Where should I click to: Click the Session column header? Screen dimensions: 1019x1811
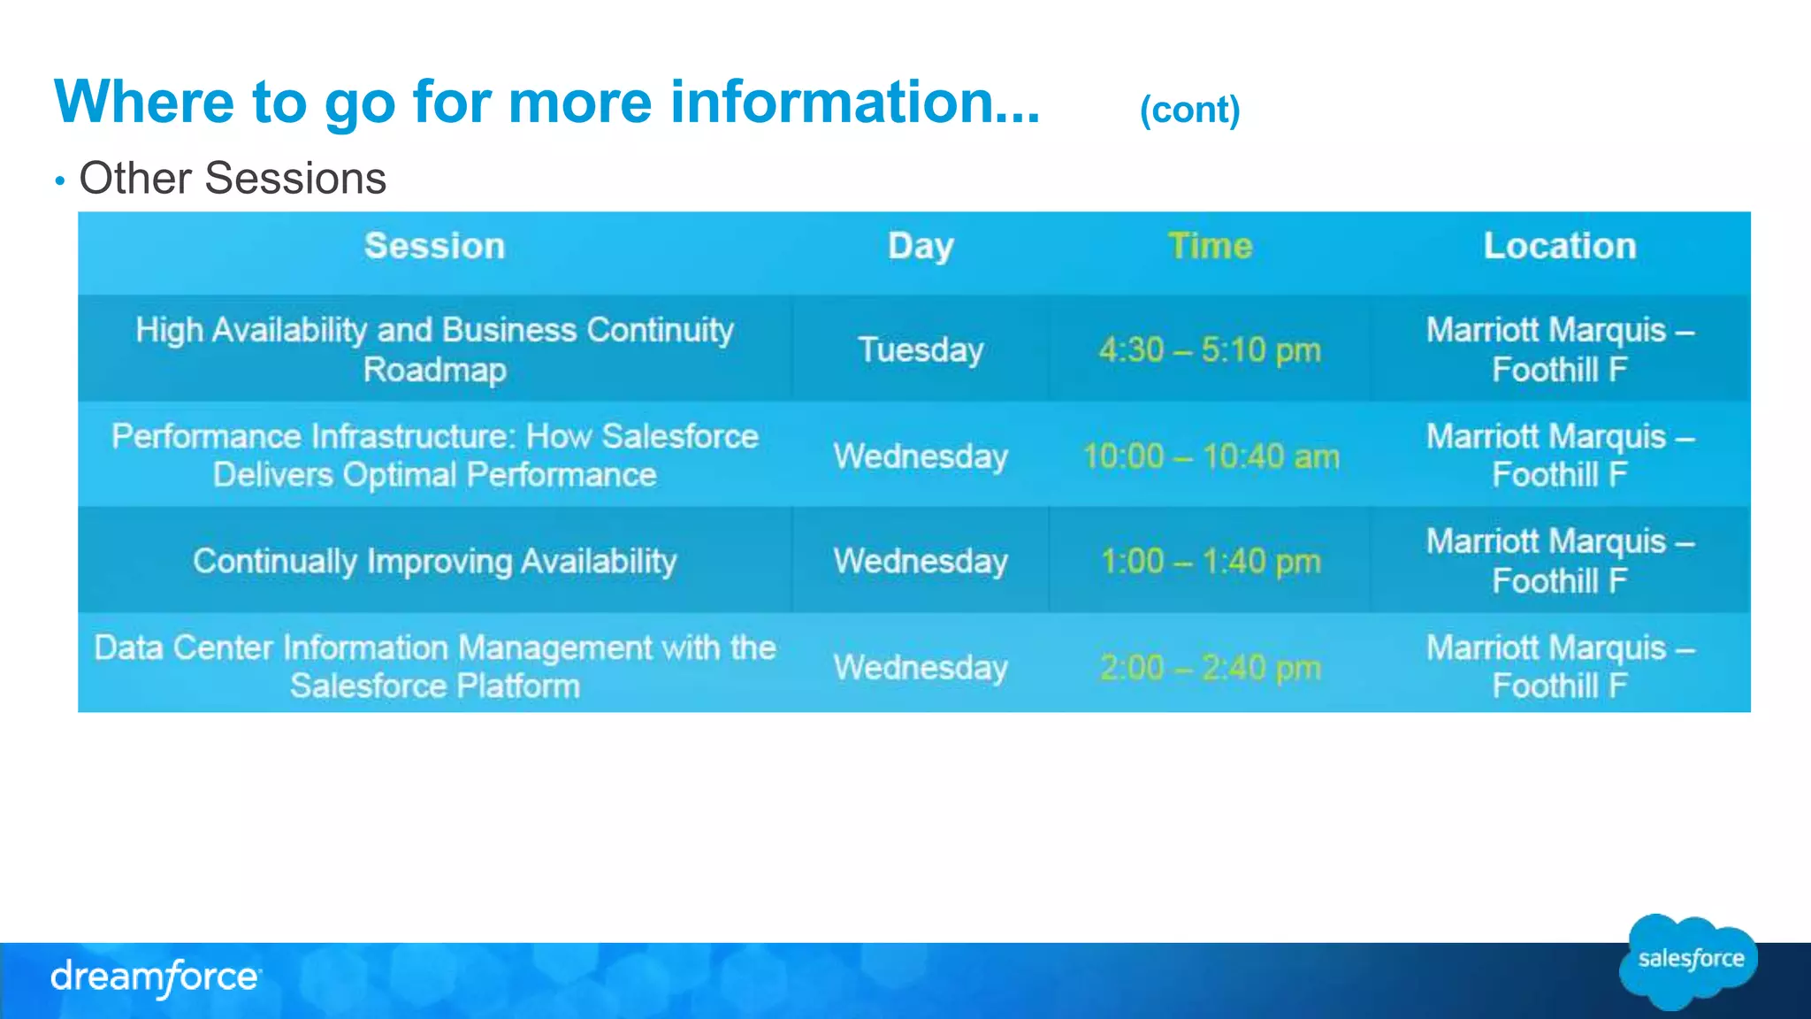coord(434,246)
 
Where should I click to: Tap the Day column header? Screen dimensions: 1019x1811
coord(921,246)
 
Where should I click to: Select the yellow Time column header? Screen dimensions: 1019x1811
coord(1210,246)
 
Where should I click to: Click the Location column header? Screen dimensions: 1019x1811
coord(1559,246)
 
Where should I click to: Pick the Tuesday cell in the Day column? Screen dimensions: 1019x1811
coord(921,349)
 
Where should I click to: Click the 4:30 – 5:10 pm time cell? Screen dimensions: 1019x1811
coord(1210,350)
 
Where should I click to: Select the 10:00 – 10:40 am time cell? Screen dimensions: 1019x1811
coord(1211,456)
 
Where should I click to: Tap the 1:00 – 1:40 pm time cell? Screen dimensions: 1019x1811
coord(1211,561)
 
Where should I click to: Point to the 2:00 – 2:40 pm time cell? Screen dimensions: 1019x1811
coord(1211,667)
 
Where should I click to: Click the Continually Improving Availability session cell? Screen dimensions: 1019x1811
coord(434,561)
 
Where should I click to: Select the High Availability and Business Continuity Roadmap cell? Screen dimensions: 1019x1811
coord(434,349)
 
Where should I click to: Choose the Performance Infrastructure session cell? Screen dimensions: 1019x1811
coord(434,456)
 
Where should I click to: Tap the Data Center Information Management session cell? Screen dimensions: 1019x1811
coord(434,667)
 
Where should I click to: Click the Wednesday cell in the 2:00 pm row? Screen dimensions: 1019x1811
coord(921,667)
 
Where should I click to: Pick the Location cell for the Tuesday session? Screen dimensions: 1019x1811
coord(1559,349)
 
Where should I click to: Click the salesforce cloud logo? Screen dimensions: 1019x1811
coord(1689,961)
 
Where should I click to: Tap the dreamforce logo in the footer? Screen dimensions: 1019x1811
coord(156,977)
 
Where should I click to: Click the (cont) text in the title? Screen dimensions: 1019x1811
coord(1189,110)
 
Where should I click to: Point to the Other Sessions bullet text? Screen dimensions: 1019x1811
coord(233,179)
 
